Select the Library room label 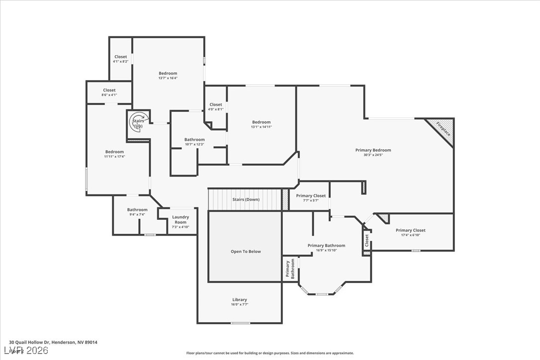(x=240, y=300)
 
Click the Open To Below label (x=245, y=252)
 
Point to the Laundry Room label (x=180, y=219)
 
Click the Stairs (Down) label (x=246, y=199)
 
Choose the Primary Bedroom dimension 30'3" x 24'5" (x=373, y=155)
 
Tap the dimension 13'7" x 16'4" (x=168, y=78)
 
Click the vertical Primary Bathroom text (x=290, y=269)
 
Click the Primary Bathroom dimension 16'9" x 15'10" (x=326, y=250)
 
